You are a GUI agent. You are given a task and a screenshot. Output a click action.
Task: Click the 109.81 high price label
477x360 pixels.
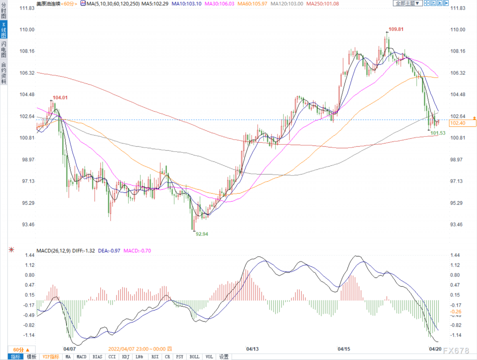pyautogui.click(x=396, y=29)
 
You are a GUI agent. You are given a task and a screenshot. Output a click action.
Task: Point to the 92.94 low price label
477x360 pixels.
pyautogui.click(x=202, y=234)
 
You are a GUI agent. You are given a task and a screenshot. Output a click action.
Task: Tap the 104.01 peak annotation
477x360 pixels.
pyautogui.click(x=60, y=97)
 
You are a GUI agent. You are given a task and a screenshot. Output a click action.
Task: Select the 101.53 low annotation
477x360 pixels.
pyautogui.click(x=438, y=133)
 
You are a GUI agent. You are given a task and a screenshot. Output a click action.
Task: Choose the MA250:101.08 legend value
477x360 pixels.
pyautogui.click(x=322, y=4)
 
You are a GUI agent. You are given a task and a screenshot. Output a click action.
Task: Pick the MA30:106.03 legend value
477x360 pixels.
pyautogui.click(x=219, y=4)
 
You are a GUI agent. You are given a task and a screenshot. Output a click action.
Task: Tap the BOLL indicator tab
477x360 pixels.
pyautogui.click(x=194, y=357)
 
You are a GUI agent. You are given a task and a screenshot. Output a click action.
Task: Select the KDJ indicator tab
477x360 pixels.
pyautogui.click(x=126, y=357)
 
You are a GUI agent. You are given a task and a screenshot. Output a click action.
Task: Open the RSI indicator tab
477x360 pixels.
pyautogui.click(x=155, y=357)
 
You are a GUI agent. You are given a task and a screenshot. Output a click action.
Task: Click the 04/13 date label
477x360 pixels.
pyautogui.click(x=252, y=349)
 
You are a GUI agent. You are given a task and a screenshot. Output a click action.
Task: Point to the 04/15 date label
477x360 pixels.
pyautogui.click(x=344, y=349)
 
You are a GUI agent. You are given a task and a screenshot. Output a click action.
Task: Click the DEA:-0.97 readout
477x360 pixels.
pyautogui.click(x=109, y=251)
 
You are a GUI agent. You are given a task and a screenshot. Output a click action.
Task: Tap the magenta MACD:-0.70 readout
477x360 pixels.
pyautogui.click(x=137, y=251)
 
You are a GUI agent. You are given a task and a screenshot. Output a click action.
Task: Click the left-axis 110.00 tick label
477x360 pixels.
pyautogui.click(x=27, y=29)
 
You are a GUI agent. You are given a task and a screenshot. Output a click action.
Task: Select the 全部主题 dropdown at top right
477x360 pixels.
pyautogui.click(x=407, y=3)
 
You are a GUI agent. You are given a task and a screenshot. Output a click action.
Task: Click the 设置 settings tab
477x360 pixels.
pyautogui.click(x=224, y=357)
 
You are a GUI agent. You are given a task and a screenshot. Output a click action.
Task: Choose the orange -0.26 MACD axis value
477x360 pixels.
pyautogui.click(x=455, y=311)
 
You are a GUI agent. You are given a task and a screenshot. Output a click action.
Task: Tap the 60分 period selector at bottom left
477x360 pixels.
pyautogui.click(x=21, y=350)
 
